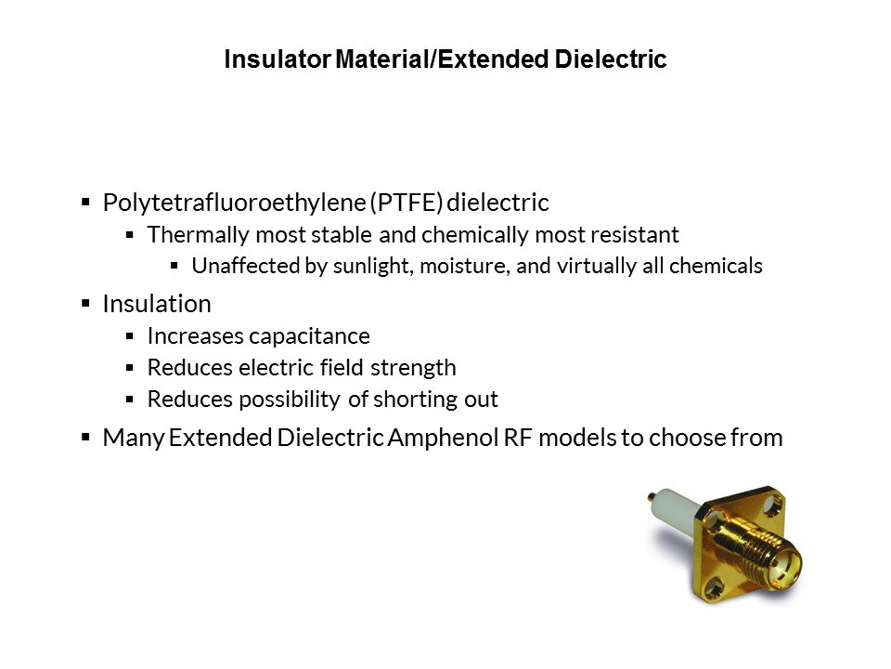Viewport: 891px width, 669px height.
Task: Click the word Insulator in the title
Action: click(x=278, y=59)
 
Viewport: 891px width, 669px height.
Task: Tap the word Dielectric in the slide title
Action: click(x=611, y=59)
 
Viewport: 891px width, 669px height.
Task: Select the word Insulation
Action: click(x=157, y=304)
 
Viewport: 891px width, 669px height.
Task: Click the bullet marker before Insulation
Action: click(x=85, y=303)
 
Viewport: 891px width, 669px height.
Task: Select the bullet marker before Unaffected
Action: click(x=174, y=265)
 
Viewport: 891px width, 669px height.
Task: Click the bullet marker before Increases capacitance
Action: click(x=130, y=336)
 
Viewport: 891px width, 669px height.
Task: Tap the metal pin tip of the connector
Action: click(x=650, y=497)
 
